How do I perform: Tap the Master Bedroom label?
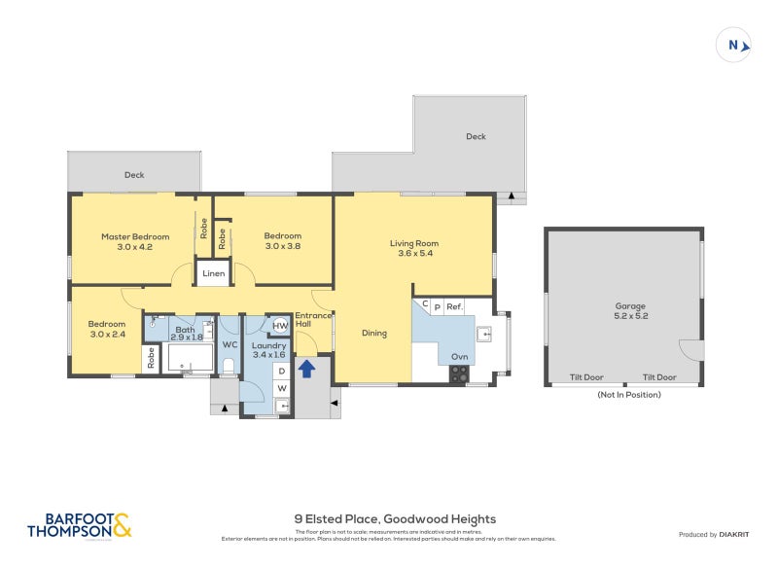(x=135, y=236)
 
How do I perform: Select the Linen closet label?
(x=214, y=274)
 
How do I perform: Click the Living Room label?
(x=414, y=243)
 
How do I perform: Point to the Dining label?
(x=374, y=334)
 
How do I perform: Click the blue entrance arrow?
(x=306, y=369)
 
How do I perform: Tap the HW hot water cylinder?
(x=279, y=326)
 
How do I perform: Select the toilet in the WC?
(x=229, y=366)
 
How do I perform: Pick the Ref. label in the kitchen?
(x=454, y=306)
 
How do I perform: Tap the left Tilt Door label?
(x=586, y=377)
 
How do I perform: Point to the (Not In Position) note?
(x=628, y=395)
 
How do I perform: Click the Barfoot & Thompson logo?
(x=78, y=526)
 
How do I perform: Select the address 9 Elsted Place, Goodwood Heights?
(x=395, y=519)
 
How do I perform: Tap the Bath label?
(x=185, y=330)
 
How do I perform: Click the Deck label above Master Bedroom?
(x=134, y=175)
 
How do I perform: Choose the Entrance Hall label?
(x=313, y=320)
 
